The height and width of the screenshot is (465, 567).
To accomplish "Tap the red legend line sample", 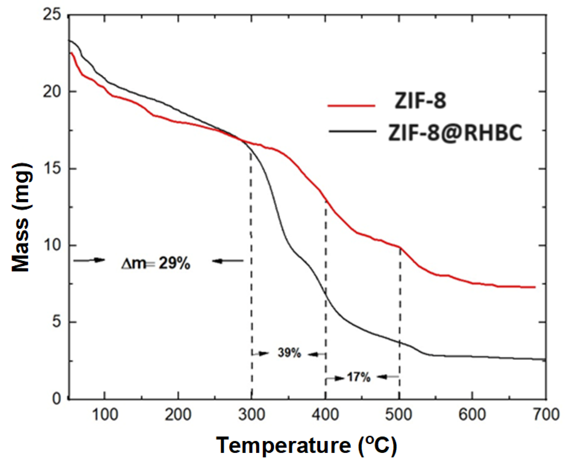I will [351, 106].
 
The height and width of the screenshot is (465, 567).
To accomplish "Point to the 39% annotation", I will [289, 353].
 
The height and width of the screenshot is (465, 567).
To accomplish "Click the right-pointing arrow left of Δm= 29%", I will [89, 260].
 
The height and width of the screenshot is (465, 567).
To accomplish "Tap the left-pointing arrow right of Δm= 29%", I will [228, 261].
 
